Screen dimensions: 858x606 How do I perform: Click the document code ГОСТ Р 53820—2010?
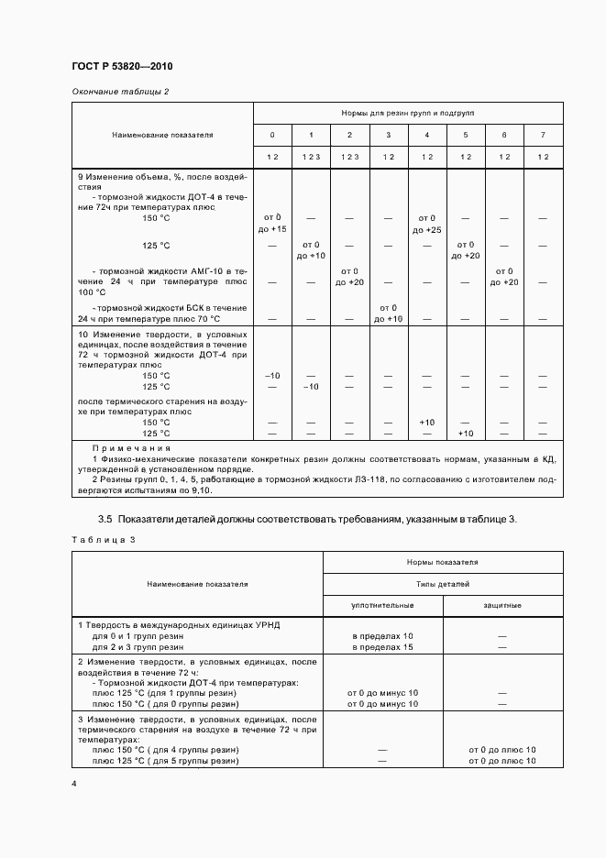[121, 67]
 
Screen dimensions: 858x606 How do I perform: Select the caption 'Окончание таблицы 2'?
[120, 92]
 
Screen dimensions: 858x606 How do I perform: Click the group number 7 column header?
[542, 135]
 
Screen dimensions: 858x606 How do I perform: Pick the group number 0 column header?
[271, 135]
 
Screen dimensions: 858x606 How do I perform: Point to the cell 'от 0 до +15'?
[271, 223]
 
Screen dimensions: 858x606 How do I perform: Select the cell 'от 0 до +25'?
[427, 223]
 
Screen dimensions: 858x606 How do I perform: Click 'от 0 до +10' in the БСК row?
[389, 313]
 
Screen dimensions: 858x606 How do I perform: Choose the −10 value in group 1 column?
[311, 387]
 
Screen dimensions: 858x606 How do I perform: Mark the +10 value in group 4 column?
[427, 422]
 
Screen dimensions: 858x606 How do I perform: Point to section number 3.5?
[105, 519]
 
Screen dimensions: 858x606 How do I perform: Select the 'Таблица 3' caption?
[103, 539]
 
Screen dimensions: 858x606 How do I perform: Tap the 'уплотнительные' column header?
[382, 605]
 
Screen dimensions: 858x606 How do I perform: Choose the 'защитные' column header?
[502, 605]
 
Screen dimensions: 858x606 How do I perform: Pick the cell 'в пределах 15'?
[382, 647]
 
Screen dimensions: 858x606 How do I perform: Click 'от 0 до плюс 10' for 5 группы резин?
[502, 761]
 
